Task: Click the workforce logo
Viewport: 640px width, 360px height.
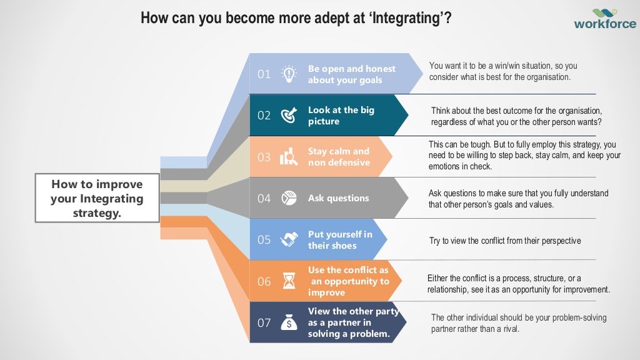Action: tap(604, 18)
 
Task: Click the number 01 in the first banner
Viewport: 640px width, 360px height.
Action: tap(264, 74)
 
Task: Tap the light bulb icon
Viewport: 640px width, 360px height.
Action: tap(289, 74)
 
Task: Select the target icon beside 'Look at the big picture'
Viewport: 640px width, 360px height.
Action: tap(289, 115)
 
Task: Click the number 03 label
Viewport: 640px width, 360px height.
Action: tap(264, 157)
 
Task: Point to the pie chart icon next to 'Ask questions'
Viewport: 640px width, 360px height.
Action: tap(289, 198)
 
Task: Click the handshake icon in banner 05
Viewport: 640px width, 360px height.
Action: tap(289, 239)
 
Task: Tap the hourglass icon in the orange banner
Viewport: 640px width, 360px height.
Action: tap(289, 281)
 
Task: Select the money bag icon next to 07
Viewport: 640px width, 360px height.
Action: tap(289, 322)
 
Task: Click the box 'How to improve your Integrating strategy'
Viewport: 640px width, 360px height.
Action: tap(97, 199)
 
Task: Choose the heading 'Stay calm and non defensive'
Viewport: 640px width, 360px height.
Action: tap(339, 157)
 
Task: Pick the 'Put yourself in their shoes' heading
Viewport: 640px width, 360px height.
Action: tap(340, 240)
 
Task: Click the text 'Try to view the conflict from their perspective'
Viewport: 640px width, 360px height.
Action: tap(505, 241)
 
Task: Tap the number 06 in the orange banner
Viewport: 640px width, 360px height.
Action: tap(264, 281)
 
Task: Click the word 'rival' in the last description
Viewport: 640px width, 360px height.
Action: tap(509, 329)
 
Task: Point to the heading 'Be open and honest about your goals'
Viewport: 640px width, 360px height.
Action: tap(352, 74)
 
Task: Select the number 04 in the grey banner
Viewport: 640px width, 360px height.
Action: tap(264, 198)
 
